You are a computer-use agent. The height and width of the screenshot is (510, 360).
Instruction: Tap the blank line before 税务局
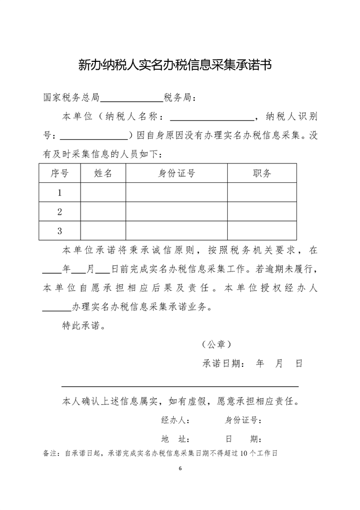131,98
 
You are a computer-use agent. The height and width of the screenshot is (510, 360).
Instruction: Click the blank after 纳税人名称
212,118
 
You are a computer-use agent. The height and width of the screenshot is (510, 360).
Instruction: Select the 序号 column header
60,174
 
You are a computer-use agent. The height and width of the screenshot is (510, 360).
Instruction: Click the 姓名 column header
103,174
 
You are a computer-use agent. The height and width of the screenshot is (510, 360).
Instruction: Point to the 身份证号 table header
177,174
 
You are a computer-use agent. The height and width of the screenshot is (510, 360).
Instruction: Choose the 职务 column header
262,174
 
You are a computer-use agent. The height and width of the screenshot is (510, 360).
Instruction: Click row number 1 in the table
60,193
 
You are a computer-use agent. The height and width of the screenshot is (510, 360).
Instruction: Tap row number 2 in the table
60,212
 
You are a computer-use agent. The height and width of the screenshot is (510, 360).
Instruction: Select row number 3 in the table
60,231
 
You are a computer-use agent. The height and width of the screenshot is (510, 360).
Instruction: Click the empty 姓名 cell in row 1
103,193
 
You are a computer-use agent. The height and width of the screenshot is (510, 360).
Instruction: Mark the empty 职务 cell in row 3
262,231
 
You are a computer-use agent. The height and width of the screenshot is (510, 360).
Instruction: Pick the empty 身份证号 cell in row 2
177,212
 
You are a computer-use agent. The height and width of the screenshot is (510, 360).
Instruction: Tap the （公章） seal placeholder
216,345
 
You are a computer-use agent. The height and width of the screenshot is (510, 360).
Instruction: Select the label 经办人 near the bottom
175,420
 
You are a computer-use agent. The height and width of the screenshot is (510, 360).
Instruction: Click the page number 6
180,469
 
